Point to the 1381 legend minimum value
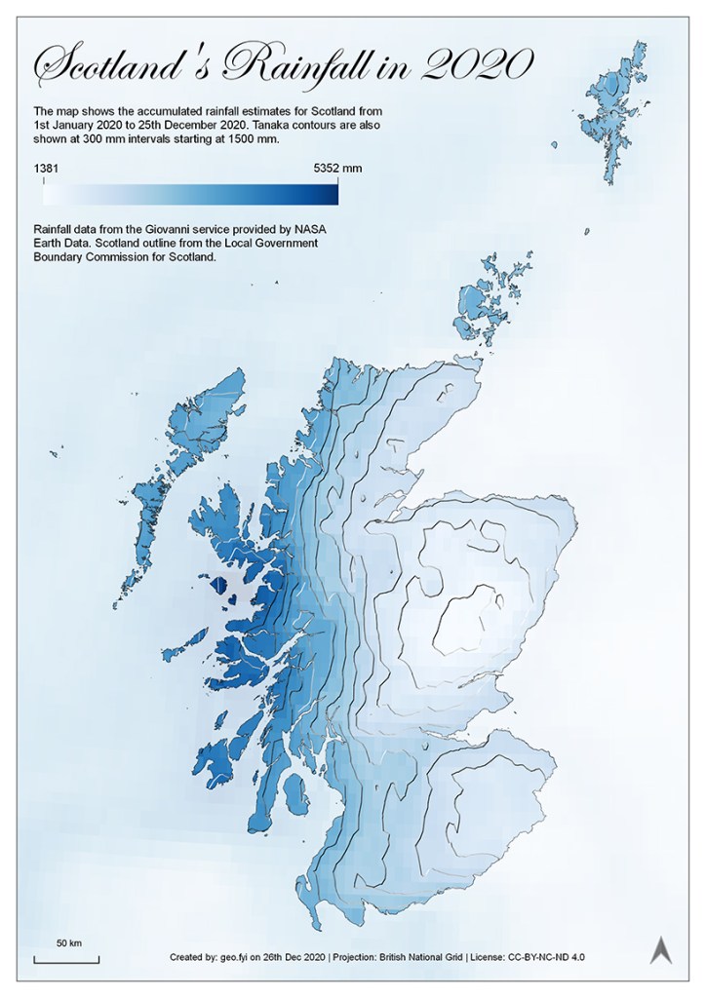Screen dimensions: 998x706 (46, 169)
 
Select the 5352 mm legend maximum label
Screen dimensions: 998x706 (337, 169)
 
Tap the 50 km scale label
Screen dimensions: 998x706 (67, 943)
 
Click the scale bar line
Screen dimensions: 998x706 (66, 961)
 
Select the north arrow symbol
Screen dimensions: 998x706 (660, 950)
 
